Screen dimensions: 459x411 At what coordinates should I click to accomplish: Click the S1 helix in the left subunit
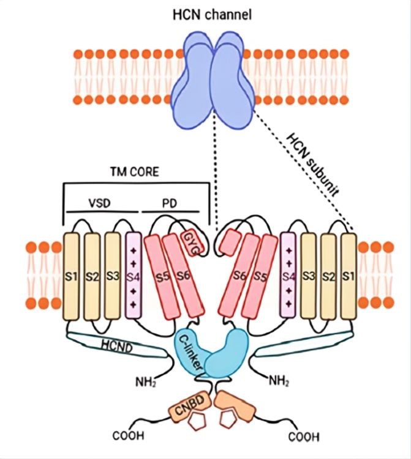[72, 276]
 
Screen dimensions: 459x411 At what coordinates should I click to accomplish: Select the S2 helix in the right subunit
[328, 276]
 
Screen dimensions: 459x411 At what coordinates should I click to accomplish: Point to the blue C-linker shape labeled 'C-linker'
[190, 351]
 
